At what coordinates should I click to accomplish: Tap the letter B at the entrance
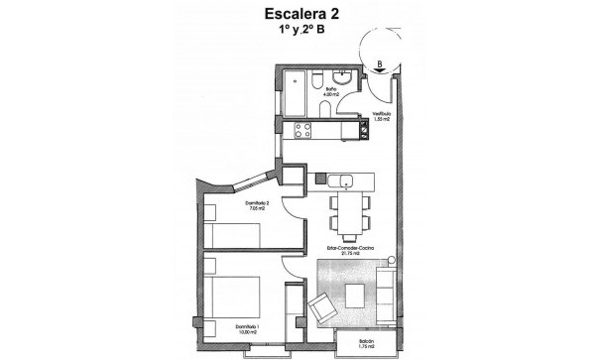380,66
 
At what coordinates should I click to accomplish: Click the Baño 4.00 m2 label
331,93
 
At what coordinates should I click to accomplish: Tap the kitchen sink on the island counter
342,180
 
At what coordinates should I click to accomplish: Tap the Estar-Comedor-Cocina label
352,251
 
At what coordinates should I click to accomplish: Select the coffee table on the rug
358,293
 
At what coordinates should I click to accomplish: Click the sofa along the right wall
386,293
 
